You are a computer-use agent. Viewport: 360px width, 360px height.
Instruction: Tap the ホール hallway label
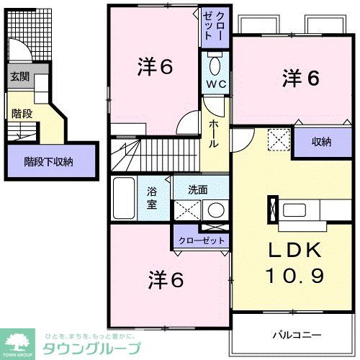point(215,134)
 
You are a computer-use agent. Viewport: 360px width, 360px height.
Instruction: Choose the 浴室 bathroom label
point(153,197)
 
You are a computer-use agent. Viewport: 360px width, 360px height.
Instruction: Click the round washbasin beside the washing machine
point(215,210)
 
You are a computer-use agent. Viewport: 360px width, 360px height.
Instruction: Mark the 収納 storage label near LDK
point(321,142)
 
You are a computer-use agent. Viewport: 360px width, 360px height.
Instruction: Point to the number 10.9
point(295,275)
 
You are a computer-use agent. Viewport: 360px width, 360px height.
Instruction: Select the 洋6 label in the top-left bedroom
point(155,67)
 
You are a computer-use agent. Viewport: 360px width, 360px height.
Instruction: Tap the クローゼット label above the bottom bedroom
point(202,240)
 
